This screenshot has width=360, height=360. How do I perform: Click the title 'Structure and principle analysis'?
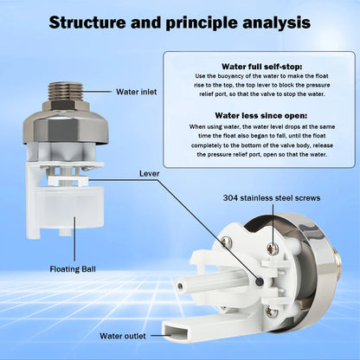(179, 22)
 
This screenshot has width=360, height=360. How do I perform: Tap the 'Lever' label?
(149, 173)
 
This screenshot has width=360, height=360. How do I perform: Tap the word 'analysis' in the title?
(274, 22)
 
